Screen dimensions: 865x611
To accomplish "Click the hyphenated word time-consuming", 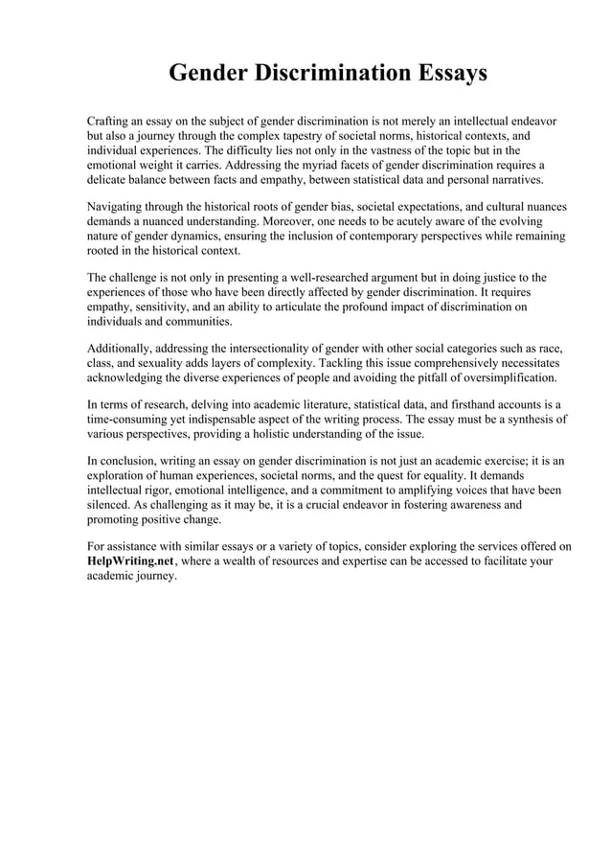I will (133, 420).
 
